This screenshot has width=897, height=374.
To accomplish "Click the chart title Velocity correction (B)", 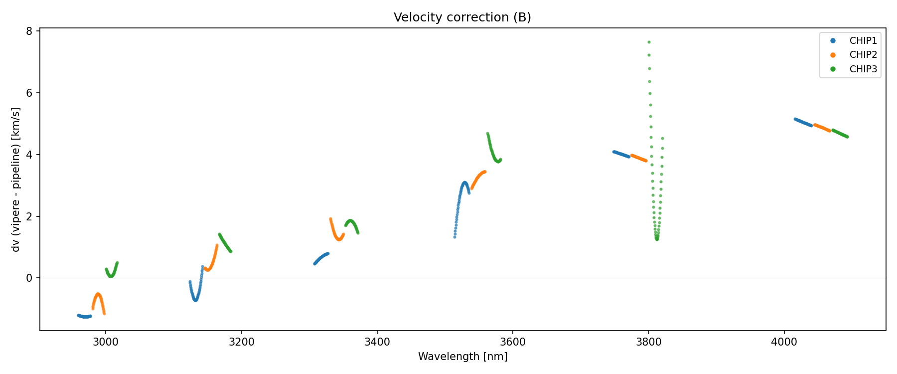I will click(462, 17).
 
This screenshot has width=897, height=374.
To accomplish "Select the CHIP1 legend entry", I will click(863, 41).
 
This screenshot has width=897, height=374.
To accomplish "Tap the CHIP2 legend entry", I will click(863, 55).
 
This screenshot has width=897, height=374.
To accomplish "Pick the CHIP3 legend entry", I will click(863, 69).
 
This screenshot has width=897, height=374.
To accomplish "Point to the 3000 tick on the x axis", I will click(106, 342).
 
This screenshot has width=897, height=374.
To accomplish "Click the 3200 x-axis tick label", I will click(241, 342).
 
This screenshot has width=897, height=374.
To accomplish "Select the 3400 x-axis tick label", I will click(377, 342).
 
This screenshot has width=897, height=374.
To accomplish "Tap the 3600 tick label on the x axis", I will click(513, 342).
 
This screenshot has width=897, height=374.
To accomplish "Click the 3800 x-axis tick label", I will click(648, 342).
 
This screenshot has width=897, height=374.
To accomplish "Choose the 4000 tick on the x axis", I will click(784, 342).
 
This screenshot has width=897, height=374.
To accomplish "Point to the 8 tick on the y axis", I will click(29, 31).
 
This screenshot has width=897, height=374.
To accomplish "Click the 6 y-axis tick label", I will click(29, 93).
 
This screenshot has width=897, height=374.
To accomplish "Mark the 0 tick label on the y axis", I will click(29, 278).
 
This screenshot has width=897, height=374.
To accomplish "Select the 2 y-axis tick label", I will click(29, 216).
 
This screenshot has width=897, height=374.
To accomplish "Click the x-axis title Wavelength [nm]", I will click(462, 357).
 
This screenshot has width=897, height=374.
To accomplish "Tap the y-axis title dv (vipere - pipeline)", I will click(16, 180).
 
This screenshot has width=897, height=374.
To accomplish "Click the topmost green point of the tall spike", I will click(649, 42).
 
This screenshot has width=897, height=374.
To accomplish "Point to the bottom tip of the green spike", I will click(657, 239).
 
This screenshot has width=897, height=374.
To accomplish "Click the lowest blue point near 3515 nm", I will click(454, 237).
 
